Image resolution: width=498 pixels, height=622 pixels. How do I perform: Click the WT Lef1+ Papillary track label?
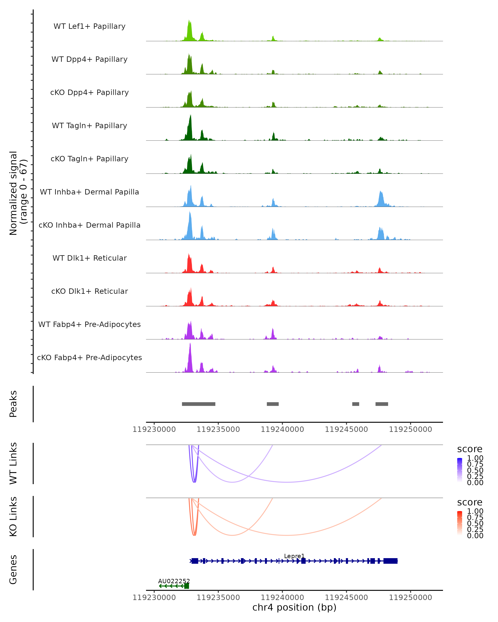tap(89, 26)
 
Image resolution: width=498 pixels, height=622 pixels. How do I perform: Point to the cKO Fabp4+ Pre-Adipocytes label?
tap(89, 358)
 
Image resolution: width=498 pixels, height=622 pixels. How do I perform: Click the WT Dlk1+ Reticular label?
tap(89, 258)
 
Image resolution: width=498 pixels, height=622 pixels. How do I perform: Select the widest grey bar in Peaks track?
tap(199, 404)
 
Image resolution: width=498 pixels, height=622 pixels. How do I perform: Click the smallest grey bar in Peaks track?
tap(356, 404)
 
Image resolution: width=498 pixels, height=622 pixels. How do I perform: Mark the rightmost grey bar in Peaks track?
tap(382, 404)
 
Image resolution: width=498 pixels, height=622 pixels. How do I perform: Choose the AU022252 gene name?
tap(174, 581)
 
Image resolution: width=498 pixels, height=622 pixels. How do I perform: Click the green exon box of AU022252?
tap(187, 586)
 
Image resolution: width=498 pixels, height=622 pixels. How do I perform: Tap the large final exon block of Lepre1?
tap(390, 561)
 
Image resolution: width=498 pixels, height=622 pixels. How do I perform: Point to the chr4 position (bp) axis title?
tap(294, 607)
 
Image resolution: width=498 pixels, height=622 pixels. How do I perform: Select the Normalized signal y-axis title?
tap(18, 193)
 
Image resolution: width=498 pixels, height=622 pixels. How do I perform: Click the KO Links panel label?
tap(13, 516)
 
